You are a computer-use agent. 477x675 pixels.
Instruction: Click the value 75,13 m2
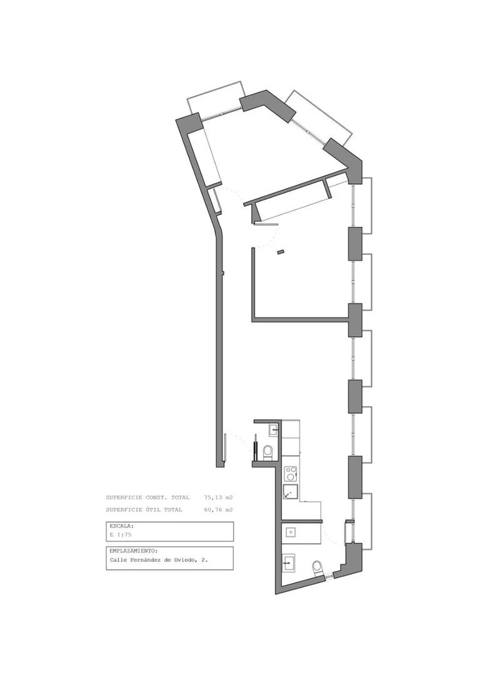tap(218, 497)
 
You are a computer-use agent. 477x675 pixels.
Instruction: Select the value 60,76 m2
tap(218, 510)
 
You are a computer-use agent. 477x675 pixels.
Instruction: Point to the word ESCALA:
tap(122, 526)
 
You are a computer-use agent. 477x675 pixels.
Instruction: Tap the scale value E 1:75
tap(121, 534)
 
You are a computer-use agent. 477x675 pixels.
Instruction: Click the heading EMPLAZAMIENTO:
tap(133, 551)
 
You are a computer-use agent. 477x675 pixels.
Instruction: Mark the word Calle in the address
tap(119, 560)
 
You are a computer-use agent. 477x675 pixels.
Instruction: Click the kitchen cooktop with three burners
tap(291, 474)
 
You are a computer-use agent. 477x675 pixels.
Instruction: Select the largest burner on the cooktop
tap(293, 476)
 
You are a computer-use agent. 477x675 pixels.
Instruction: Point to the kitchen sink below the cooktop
tap(290, 492)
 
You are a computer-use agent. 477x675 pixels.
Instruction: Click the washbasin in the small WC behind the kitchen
tap(273, 429)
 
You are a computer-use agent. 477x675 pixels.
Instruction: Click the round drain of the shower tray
tap(291, 532)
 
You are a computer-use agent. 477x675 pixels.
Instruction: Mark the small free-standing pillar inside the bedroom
tap(281, 251)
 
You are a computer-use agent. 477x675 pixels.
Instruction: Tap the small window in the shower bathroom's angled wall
tap(329, 575)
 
